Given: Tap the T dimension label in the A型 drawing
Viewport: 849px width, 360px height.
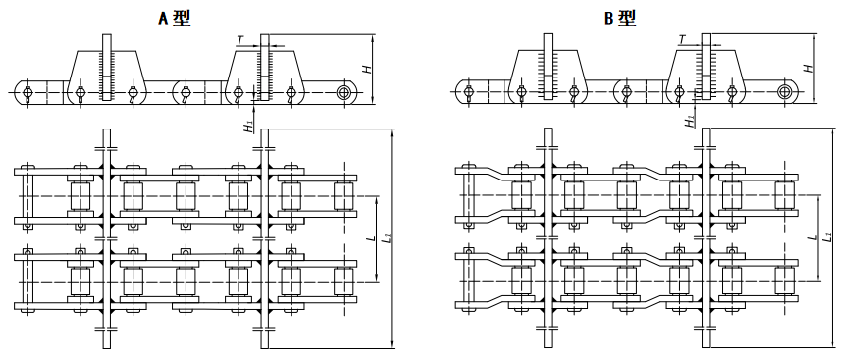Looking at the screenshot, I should [240, 40].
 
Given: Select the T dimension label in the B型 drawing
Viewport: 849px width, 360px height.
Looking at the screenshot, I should [682, 40].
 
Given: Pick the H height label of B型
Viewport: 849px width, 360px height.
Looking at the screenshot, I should [807, 69].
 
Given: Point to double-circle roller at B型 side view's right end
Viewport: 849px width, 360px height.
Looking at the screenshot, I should [785, 93].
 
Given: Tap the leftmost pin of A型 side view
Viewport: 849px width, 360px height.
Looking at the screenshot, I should [27, 94].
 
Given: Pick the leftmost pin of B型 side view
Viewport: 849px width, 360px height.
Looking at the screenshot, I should [469, 94].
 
